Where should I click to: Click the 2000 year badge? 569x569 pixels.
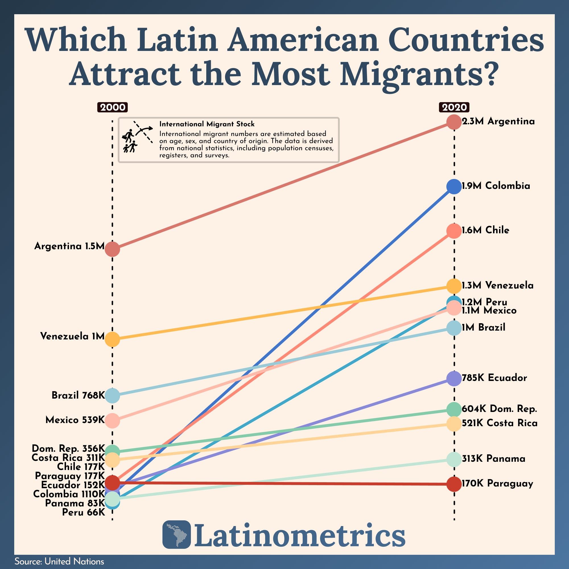pos(112,107)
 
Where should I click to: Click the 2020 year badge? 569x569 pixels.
pos(454,107)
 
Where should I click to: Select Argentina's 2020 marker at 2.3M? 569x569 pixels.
pos(454,122)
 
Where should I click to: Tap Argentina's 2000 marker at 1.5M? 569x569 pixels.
pos(112,249)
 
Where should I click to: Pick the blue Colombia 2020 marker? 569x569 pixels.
pos(454,186)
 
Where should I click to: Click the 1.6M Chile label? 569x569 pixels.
pos(485,230)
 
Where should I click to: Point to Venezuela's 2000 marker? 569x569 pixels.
pos(112,339)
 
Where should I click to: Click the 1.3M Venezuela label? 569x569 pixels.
pos(497,285)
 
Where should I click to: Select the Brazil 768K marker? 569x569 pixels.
pos(112,395)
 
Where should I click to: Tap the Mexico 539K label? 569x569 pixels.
pos(75,420)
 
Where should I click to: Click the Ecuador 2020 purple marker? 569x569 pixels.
pos(454,378)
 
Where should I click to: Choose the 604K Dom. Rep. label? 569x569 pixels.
pos(499,409)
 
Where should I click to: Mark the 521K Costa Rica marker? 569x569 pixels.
pos(454,424)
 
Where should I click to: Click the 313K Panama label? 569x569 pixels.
pos(493,459)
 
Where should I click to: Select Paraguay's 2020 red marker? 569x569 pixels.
pos(454,484)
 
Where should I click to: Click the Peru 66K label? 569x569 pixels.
pos(83,512)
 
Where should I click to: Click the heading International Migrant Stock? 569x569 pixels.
pos(207,124)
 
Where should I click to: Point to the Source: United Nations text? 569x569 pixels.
pos(59,562)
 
